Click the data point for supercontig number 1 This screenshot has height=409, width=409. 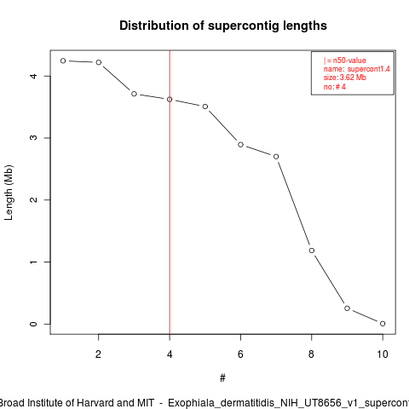pos(63,60)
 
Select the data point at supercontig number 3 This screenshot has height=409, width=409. pos(134,94)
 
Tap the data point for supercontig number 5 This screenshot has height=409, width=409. pos(205,107)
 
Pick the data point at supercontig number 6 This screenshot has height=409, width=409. pos(240,145)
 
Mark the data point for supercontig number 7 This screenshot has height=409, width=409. pos(276,157)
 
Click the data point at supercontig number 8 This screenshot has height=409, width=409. pos(312,251)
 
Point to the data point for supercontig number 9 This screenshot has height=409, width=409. pos(347,308)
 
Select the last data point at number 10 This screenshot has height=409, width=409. pos(383,324)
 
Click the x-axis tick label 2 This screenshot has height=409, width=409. pos(98,354)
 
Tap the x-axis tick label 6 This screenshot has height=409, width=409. pos(240,354)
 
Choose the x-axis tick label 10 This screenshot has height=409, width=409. pos(383,354)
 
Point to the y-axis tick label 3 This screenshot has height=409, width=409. pos(33,138)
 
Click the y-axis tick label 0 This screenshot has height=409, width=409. pos(33,324)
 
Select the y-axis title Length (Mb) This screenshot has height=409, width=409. pos(9,193)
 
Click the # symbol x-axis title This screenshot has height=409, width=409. pos(222,378)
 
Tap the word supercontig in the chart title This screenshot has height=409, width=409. pos(244,26)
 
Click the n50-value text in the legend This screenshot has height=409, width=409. pos(349,60)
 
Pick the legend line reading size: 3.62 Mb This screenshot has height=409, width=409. pos(345,78)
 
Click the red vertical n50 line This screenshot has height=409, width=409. pos(170,193)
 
